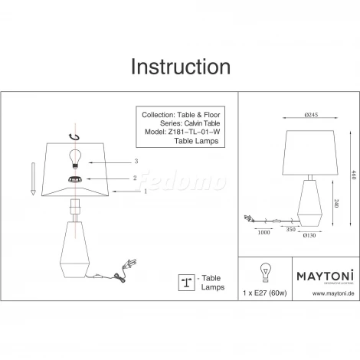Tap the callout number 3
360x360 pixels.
tap(135, 162)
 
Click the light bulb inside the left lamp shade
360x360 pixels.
tap(75, 157)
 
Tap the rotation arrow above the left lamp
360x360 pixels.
tap(74, 136)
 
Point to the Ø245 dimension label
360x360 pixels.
tap(310, 114)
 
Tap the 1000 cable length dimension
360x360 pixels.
tap(263, 231)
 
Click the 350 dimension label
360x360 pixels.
tap(293, 229)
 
